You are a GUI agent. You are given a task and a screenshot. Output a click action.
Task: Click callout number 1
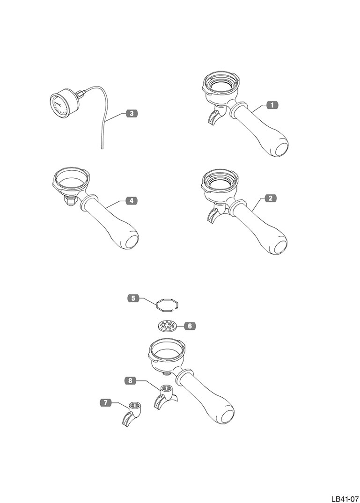(272, 105)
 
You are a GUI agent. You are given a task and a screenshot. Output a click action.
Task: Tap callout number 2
(271, 198)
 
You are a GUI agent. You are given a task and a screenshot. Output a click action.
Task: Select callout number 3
(132, 113)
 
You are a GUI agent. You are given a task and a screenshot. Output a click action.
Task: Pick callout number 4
(131, 201)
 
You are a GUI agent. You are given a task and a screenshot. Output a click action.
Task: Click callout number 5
(133, 298)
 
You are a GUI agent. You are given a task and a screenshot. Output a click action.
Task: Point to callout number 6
(189, 326)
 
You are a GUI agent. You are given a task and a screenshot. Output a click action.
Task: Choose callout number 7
(106, 402)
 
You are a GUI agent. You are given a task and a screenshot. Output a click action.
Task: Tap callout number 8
(130, 381)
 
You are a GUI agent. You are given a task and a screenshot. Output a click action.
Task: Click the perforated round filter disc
(167, 326)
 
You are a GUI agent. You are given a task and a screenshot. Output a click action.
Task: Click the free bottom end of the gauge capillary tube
(102, 148)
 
